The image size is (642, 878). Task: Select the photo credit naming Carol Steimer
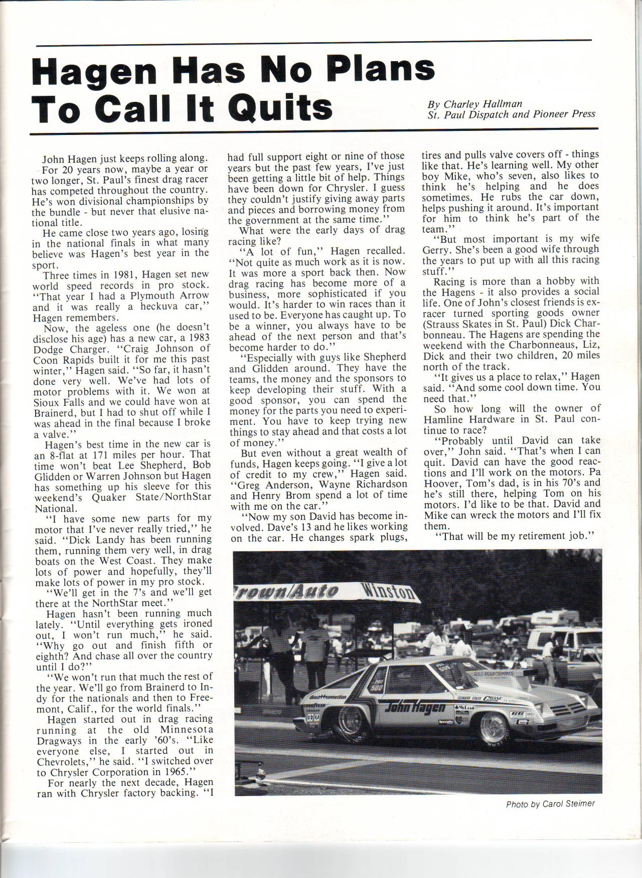[x=550, y=804]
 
